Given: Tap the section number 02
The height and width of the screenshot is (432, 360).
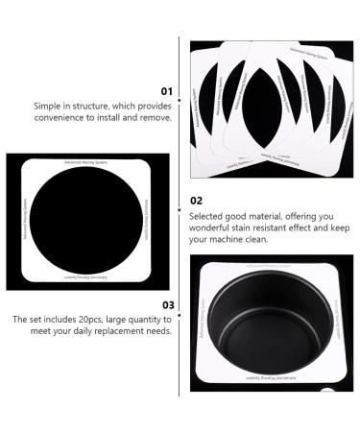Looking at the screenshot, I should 196,201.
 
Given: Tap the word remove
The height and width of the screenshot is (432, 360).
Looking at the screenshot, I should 156,119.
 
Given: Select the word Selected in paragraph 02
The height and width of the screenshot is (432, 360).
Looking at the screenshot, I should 208,216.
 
